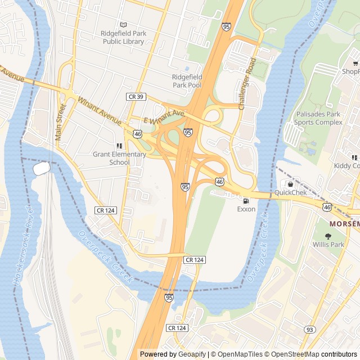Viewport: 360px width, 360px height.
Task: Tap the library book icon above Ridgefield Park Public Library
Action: tap(124, 25)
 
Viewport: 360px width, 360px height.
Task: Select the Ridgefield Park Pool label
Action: tap(187, 81)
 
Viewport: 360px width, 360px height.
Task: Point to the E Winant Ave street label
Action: tap(164, 117)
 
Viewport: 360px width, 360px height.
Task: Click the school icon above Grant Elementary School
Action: tap(119, 146)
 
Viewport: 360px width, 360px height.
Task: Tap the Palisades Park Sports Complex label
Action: tap(318, 118)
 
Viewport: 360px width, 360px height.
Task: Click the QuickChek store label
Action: tap(290, 192)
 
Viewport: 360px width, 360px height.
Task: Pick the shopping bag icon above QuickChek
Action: tap(290, 184)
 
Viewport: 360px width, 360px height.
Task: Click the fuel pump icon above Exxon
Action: tap(246, 201)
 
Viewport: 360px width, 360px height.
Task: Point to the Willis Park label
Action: tap(328, 245)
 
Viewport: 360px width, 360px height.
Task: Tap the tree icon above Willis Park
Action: tap(328, 236)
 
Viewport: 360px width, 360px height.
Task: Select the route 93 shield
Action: tap(309, 329)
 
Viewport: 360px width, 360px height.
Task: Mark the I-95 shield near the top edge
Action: tap(226, 26)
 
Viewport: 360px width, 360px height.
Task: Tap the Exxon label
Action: tap(246, 209)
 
